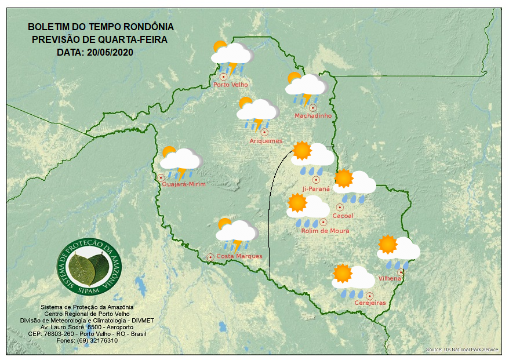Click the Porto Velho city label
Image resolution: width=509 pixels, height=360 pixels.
pyautogui.click(x=231, y=85)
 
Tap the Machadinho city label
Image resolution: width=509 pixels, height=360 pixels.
pyautogui.click(x=313, y=116)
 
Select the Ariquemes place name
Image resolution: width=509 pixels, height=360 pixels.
pyautogui.click(x=266, y=141)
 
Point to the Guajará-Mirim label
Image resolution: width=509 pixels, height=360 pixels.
pyautogui.click(x=184, y=184)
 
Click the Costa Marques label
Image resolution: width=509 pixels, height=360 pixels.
pyautogui.click(x=239, y=256)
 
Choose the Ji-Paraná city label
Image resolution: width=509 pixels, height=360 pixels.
pyautogui.click(x=316, y=189)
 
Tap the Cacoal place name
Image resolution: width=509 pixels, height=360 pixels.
pyautogui.click(x=343, y=216)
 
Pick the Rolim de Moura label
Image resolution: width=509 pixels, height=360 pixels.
pyautogui.click(x=325, y=231)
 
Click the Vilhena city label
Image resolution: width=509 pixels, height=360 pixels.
pyautogui.click(x=390, y=279)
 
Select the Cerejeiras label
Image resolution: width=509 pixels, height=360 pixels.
pyautogui.click(x=370, y=303)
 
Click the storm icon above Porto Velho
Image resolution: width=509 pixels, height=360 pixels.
pyautogui.click(x=231, y=57)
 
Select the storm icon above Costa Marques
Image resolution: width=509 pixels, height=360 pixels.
pyautogui.click(x=236, y=234)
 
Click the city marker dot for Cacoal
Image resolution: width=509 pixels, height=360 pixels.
pyautogui.click(x=340, y=207)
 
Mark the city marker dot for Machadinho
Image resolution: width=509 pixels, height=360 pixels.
pyautogui.click(x=312, y=107)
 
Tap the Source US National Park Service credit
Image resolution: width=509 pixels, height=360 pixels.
pyautogui.click(x=462, y=350)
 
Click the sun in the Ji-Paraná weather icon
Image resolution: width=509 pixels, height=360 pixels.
pyautogui.click(x=302, y=151)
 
